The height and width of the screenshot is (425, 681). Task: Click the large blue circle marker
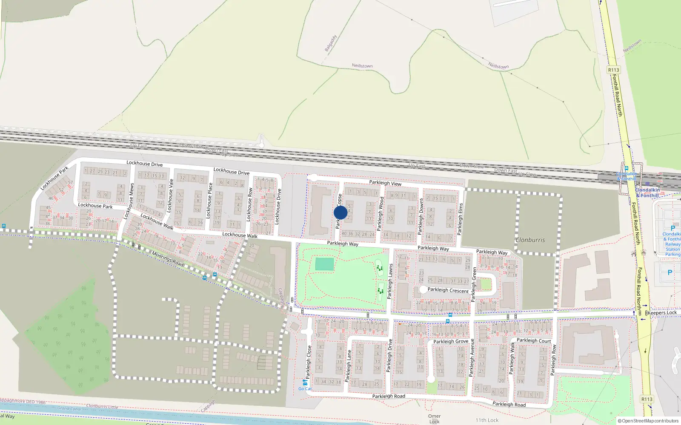(340, 212)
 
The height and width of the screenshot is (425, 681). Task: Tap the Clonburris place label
(530, 240)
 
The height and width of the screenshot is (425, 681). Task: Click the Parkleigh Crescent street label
(448, 290)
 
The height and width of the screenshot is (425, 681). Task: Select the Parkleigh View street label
(385, 183)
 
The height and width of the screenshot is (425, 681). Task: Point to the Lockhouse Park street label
(95, 206)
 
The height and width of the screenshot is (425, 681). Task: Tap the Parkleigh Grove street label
(451, 341)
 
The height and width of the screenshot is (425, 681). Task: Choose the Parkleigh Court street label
(534, 340)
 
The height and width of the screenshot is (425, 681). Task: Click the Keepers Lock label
(662, 313)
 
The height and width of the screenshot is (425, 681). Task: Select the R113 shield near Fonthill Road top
(613, 70)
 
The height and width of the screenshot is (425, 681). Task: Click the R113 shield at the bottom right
(647, 399)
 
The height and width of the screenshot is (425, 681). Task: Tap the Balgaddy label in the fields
(331, 43)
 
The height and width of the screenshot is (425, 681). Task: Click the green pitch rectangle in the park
(324, 264)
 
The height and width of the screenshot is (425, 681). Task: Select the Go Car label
(305, 388)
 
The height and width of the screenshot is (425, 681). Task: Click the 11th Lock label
(487, 420)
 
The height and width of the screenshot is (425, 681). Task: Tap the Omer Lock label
(434, 419)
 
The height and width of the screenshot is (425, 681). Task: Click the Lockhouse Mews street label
(129, 201)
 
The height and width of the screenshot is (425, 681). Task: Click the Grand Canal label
(69, 408)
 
